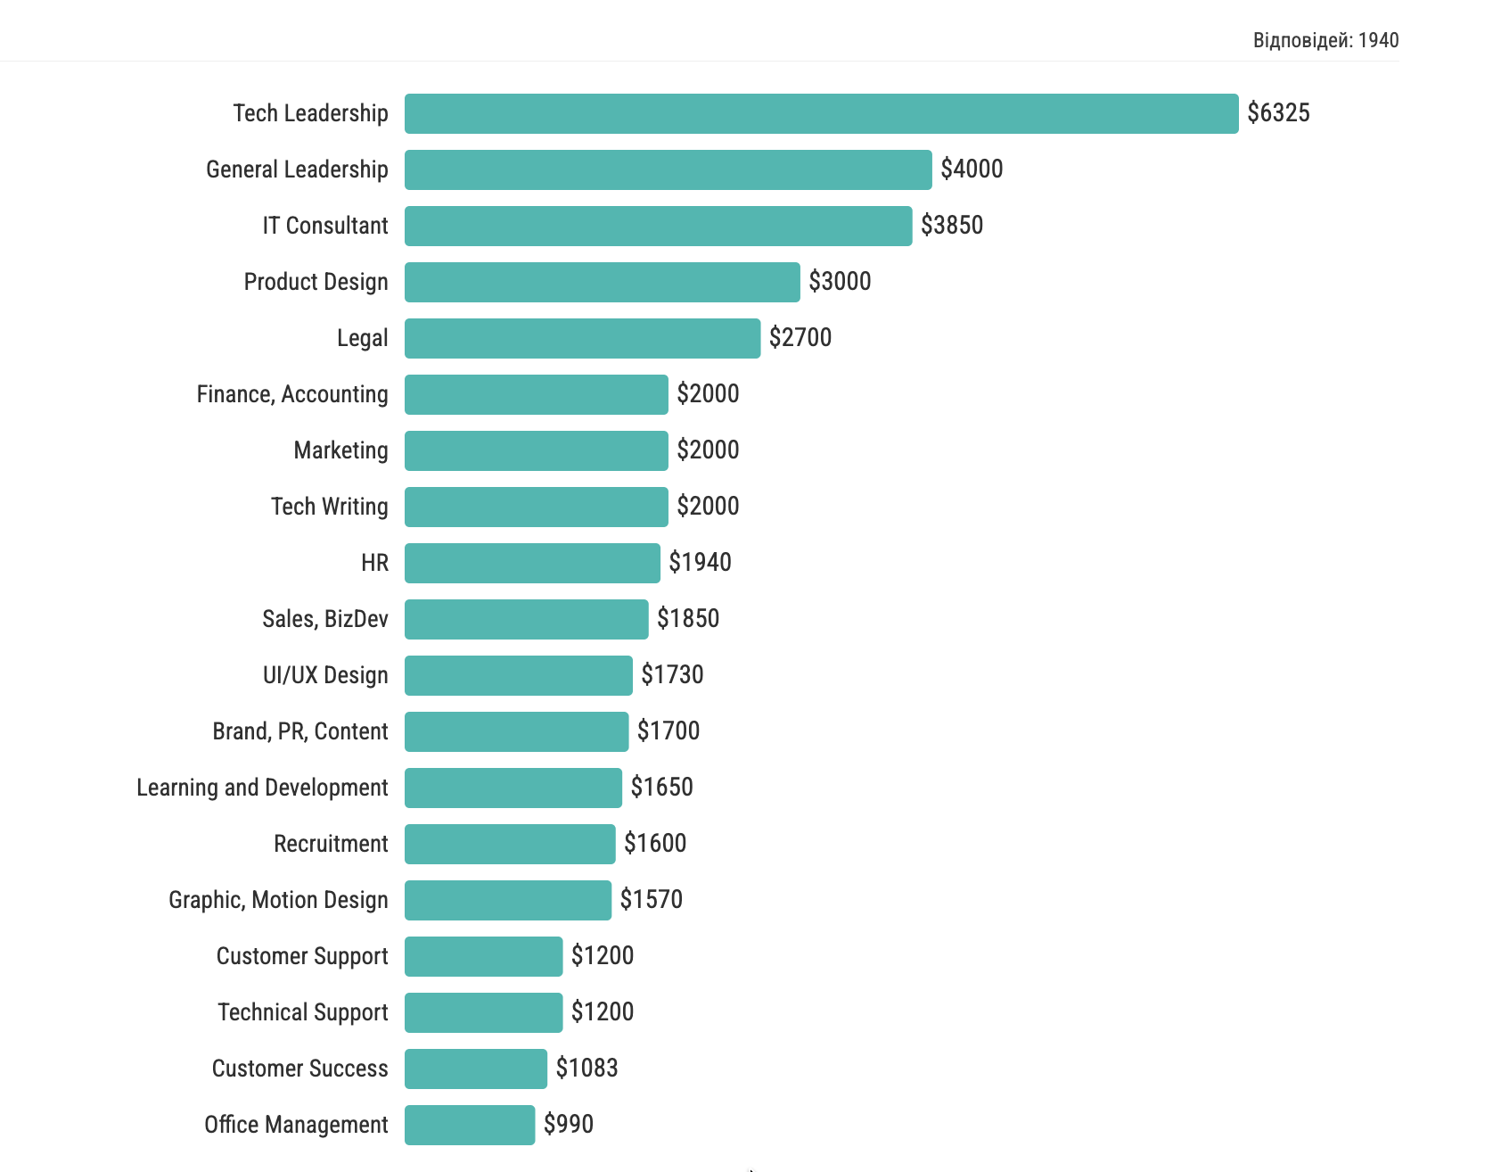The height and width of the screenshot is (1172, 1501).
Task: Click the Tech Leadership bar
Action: tap(821, 113)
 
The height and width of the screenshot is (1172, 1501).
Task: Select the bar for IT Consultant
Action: tap(658, 226)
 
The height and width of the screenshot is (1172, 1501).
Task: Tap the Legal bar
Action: tap(582, 338)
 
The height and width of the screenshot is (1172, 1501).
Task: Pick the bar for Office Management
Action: tap(470, 1125)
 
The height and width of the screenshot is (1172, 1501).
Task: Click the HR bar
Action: tap(532, 563)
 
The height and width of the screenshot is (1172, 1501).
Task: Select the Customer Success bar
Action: tap(475, 1069)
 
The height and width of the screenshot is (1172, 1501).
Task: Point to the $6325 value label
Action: tap(1278, 113)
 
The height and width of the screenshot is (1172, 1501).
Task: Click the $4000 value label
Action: tap(972, 169)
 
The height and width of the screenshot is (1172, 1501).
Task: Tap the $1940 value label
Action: tap(700, 563)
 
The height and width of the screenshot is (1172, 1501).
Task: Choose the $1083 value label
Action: tap(586, 1069)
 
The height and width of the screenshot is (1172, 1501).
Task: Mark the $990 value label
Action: tap(569, 1125)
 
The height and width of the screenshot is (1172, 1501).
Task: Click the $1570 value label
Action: tap(651, 900)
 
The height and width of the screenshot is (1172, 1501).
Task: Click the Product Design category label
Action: tap(316, 282)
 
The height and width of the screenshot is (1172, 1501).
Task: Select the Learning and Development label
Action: tap(262, 788)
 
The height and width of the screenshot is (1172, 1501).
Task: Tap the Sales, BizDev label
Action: tap(324, 619)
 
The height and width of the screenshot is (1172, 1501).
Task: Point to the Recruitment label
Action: tap(331, 844)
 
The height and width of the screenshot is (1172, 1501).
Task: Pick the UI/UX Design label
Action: tap(324, 675)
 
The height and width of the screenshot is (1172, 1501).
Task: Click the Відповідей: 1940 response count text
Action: tap(1325, 40)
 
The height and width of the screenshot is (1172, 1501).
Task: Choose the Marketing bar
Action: tap(536, 450)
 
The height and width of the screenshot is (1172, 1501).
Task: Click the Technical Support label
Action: tap(302, 1012)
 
